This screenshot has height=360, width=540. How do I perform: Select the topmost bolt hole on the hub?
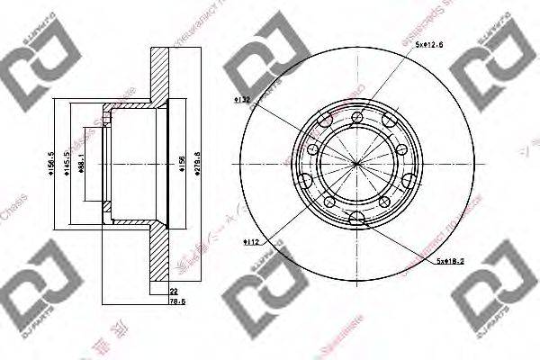tap(357, 115)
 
